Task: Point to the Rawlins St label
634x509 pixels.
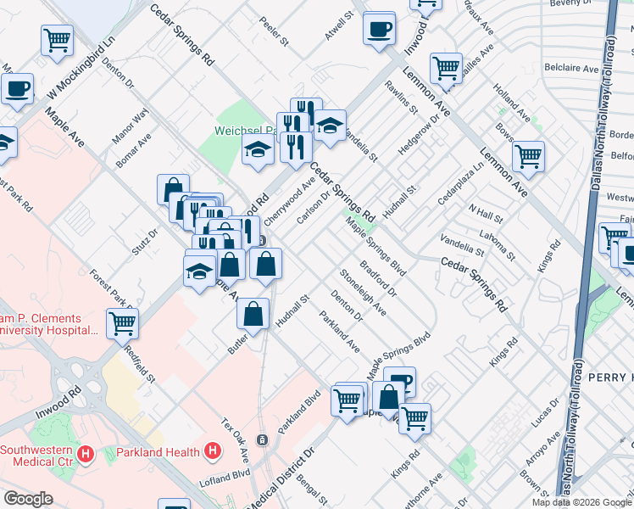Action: [x=401, y=98]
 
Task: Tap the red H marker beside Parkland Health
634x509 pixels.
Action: [x=213, y=452]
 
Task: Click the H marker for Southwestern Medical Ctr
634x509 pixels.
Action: [x=84, y=455]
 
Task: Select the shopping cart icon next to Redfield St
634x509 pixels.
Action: [x=122, y=322]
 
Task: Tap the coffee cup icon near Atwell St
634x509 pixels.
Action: [x=379, y=28]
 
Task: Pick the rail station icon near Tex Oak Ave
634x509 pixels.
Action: [x=262, y=439]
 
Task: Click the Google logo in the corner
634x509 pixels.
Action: [x=28, y=499]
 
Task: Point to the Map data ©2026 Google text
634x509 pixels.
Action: [x=581, y=502]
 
